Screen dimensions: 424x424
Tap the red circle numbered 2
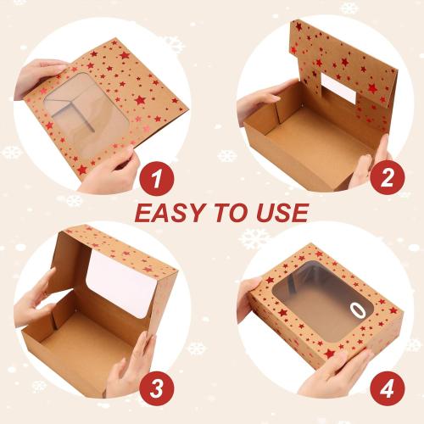tap(386, 179)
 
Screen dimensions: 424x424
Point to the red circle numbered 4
tap(386, 389)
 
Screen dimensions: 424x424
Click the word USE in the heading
tap(280, 212)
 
